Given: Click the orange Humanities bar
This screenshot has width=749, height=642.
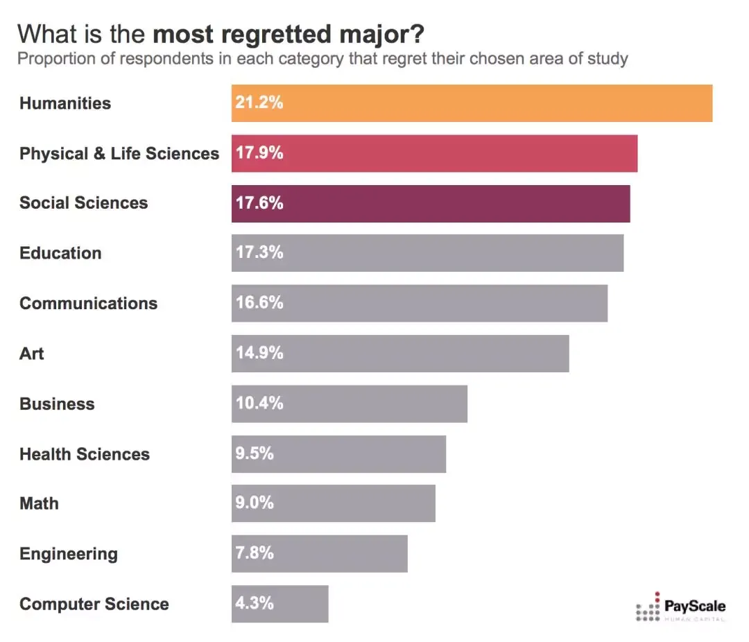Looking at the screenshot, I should coord(472,103).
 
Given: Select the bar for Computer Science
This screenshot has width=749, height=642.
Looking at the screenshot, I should coord(279,603).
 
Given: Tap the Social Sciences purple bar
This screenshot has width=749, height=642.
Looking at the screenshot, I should coord(430,203).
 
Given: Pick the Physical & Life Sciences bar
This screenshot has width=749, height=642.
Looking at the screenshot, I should coord(434,153).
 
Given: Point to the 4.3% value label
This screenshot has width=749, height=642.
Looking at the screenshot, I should coord(255,603).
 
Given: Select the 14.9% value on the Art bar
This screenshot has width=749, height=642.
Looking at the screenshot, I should coord(259,353).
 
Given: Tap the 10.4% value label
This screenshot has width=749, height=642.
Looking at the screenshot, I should coord(259,404).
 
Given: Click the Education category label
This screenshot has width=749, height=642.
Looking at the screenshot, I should coord(60,253).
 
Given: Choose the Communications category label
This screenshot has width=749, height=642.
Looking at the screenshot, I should coord(88,303).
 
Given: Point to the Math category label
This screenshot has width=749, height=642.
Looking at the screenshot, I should coord(39,503).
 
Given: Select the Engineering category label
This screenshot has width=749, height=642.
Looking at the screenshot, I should coord(69,554).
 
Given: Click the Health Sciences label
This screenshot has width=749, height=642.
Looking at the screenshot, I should coord(85,454).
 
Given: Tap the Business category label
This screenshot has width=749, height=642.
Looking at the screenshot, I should coord(57,404).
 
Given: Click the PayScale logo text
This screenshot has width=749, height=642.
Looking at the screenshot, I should coord(695,606).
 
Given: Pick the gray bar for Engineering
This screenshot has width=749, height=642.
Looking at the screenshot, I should coord(319,553).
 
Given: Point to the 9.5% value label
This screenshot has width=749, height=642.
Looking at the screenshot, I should coord(255,453).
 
